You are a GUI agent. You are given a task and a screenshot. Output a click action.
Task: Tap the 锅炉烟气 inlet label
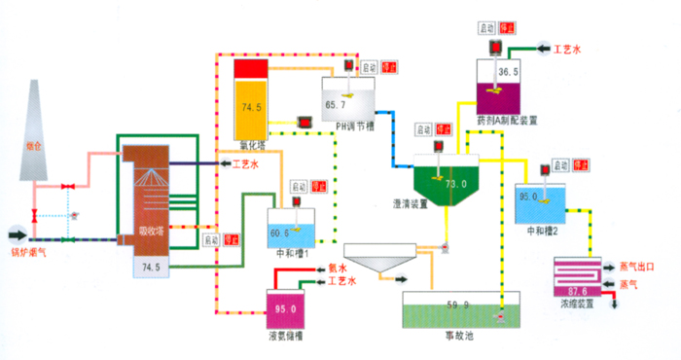click(30, 252)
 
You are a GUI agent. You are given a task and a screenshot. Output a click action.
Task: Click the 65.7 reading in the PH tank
click(336, 104)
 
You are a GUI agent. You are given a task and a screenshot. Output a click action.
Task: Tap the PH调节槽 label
click(355, 126)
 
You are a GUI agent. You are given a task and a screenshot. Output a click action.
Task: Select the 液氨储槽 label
click(288, 337)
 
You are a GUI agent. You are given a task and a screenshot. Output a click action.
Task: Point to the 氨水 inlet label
click(338, 267)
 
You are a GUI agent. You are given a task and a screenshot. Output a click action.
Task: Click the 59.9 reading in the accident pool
click(459, 305)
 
